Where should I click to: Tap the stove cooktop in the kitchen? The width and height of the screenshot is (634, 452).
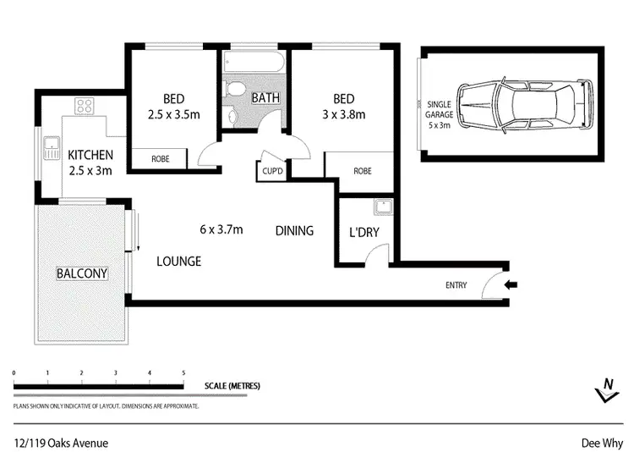[85, 106]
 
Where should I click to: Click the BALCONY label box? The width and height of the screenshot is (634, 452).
[82, 273]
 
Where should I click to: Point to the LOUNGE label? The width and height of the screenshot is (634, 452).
[178, 262]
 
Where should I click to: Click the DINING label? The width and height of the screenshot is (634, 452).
[295, 230]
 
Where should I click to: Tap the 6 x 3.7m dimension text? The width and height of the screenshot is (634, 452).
[221, 229]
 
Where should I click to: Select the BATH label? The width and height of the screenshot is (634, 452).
[265, 98]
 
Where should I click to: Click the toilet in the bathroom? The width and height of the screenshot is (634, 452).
[237, 91]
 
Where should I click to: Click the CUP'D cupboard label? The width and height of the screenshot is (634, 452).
[271, 171]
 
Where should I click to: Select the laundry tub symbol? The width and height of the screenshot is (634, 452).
[380, 205]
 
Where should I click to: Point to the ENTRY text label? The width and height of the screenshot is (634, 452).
[456, 285]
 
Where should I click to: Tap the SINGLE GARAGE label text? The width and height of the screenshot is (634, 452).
[440, 107]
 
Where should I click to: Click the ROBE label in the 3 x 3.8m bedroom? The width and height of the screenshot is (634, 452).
[362, 170]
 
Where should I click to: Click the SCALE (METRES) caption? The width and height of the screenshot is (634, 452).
[232, 386]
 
